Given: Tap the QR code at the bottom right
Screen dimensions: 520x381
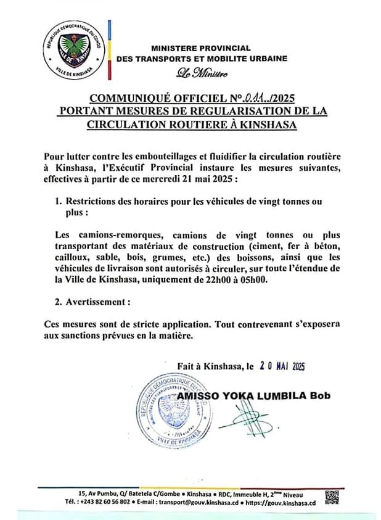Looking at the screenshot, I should click(x=332, y=497).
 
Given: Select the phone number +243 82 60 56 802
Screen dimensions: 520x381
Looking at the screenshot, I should click(x=103, y=502).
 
